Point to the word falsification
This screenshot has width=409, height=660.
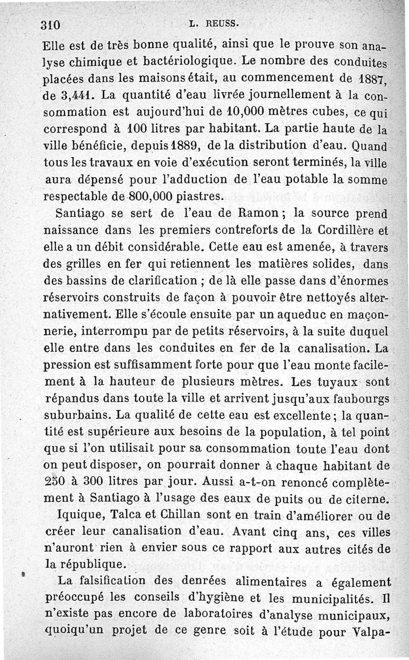pos(120,582)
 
